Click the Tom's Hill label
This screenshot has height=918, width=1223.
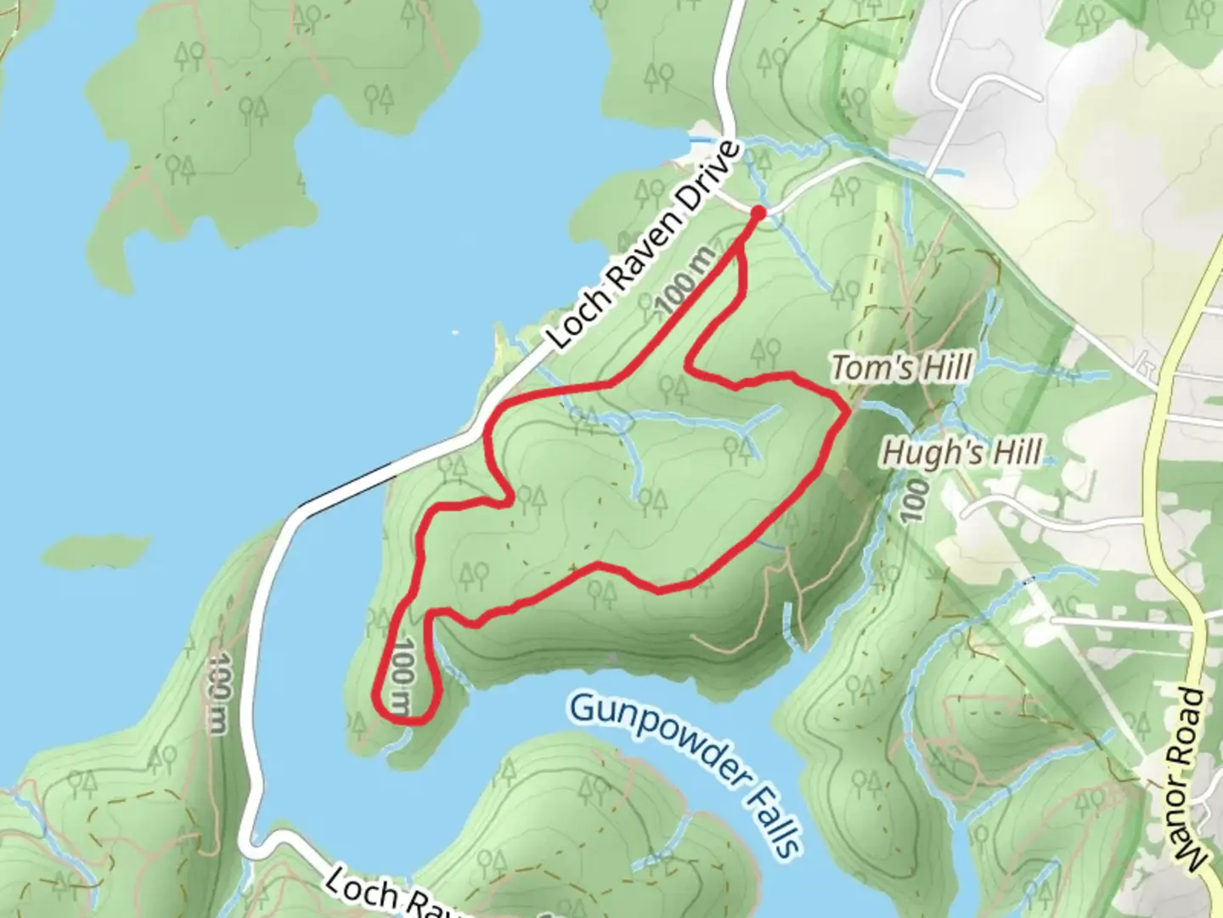click(x=901, y=369)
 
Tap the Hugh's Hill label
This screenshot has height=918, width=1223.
click(x=961, y=452)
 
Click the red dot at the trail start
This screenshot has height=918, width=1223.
click(x=758, y=212)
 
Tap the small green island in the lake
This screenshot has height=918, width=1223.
click(x=96, y=552)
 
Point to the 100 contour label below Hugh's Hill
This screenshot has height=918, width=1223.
click(x=913, y=501)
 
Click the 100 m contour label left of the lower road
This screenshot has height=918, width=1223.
click(x=218, y=694)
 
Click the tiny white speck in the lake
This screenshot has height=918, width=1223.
click(x=455, y=332)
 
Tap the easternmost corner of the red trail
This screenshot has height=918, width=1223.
click(x=847, y=411)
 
